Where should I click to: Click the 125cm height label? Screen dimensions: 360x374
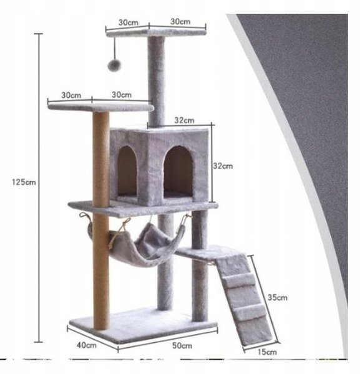pyautogui.click(x=24, y=183)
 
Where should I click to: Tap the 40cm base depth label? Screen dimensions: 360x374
pyautogui.click(x=87, y=345)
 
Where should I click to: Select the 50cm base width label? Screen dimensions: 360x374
pyautogui.click(x=182, y=345)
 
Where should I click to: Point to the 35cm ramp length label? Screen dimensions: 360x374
pyautogui.click(x=278, y=297)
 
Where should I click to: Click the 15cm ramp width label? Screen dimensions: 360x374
pyautogui.click(x=267, y=352)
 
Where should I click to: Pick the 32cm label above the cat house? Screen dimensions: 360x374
pyautogui.click(x=184, y=120)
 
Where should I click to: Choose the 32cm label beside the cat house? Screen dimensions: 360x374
pyautogui.click(x=223, y=166)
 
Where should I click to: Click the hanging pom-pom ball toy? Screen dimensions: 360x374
pyautogui.click(x=114, y=65)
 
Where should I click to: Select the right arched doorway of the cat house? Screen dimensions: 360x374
pyautogui.click(x=178, y=171)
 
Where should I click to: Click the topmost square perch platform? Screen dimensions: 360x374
pyautogui.click(x=156, y=32)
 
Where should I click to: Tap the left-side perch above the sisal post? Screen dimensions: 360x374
pyautogui.click(x=100, y=107)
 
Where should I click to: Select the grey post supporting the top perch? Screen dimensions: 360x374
pyautogui.click(x=157, y=81)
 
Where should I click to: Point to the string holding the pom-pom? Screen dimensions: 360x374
pyautogui.click(x=115, y=49)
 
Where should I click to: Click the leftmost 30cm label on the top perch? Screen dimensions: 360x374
pyautogui.click(x=129, y=22)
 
